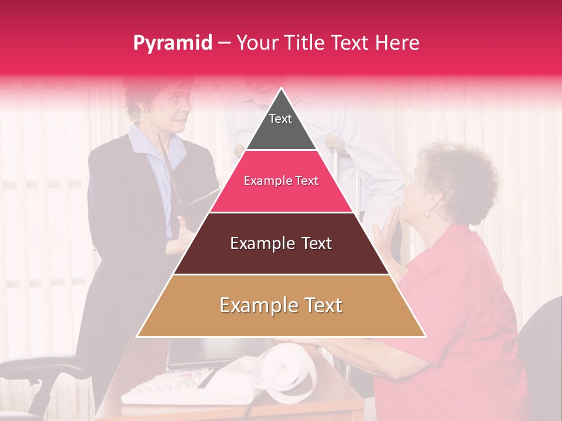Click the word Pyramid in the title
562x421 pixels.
click(x=172, y=43)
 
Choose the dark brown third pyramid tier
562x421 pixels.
click(x=281, y=257)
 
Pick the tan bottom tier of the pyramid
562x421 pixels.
click(x=281, y=319)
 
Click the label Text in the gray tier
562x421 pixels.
click(x=280, y=119)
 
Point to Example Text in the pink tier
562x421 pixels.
click(x=281, y=181)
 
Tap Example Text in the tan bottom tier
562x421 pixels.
click(x=281, y=305)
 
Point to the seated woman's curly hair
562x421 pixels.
click(x=462, y=175)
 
